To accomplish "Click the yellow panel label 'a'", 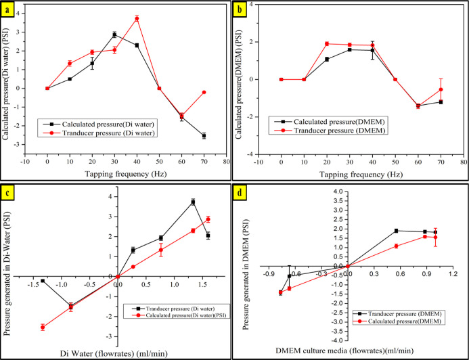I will click(x=10, y=9).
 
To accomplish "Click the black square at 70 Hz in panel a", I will click(x=204, y=136).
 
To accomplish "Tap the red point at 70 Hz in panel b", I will click(x=441, y=89).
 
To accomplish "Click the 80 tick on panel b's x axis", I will click(x=463, y=162).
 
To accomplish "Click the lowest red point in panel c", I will click(x=43, y=327).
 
